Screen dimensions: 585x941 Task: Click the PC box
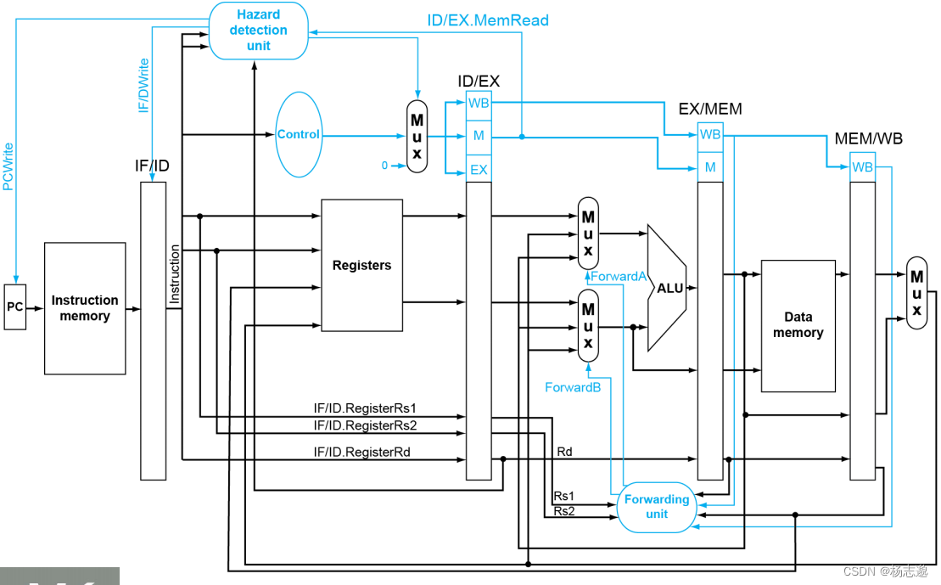tap(15, 307)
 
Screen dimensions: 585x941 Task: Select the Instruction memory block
tap(85, 308)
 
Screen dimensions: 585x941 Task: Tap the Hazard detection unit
tap(259, 31)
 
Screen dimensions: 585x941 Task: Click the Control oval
tap(299, 134)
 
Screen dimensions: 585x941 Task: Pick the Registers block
tap(361, 266)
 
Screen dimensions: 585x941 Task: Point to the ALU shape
tap(668, 289)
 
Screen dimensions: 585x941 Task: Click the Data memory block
tap(798, 326)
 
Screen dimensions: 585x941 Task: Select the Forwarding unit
tap(657, 507)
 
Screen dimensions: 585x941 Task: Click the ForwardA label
tap(619, 277)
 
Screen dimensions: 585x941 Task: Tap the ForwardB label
tap(573, 387)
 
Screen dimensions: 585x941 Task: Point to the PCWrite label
tap(8, 166)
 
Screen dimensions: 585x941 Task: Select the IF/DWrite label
tap(144, 85)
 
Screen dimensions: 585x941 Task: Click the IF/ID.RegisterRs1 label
tap(365, 408)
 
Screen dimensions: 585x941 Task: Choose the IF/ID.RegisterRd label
tap(361, 453)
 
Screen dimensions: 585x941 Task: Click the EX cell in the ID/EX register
tap(479, 170)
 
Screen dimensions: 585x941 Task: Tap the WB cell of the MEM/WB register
tap(862, 167)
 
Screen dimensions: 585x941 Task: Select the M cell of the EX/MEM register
tap(710, 167)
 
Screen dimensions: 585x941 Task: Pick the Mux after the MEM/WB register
tap(916, 293)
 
